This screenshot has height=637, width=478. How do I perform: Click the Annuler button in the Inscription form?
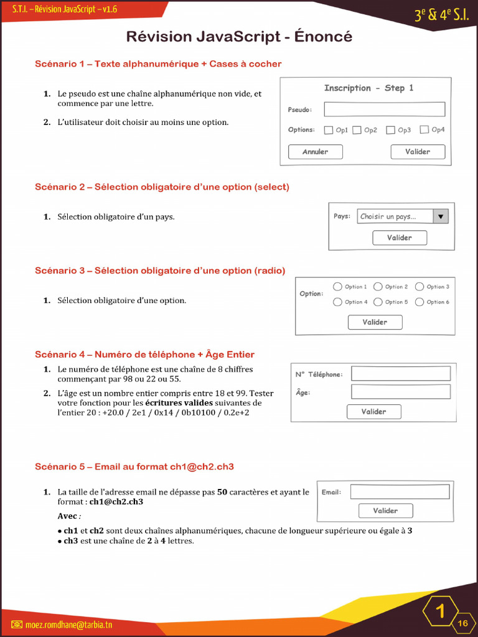click(x=315, y=152)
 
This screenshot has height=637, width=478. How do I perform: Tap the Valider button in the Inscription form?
click(x=418, y=152)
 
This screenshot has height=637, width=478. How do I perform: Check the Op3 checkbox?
click(x=391, y=130)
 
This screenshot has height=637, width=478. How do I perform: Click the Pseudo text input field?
click(x=384, y=109)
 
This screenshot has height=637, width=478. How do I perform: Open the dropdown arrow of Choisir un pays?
click(x=441, y=216)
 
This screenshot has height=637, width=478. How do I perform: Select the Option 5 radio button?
click(x=378, y=302)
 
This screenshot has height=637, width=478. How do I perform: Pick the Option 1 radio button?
click(x=337, y=287)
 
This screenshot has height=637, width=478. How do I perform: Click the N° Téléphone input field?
click(x=400, y=374)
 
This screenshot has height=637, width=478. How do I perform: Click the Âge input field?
click(x=400, y=392)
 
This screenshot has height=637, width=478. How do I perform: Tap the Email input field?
click(x=400, y=492)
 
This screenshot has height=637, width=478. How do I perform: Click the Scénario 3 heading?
click(x=160, y=271)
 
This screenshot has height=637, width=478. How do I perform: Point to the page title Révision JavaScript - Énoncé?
click(x=239, y=37)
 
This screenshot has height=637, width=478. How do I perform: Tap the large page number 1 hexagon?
click(x=441, y=611)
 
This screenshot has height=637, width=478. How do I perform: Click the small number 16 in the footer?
click(x=463, y=623)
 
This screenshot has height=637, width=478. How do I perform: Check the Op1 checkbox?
click(x=329, y=130)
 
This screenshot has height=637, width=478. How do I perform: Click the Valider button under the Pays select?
click(x=400, y=238)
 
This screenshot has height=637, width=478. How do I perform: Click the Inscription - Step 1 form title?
click(x=368, y=88)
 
